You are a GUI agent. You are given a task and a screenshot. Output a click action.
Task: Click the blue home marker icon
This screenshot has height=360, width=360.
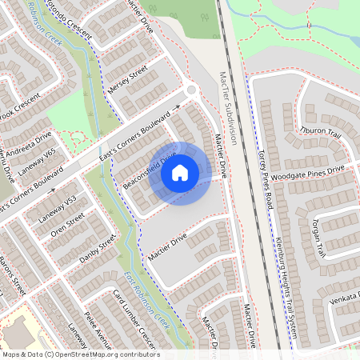pos(180,172)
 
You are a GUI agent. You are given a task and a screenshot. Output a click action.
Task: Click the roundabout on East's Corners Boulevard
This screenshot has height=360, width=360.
pos(190,92)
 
